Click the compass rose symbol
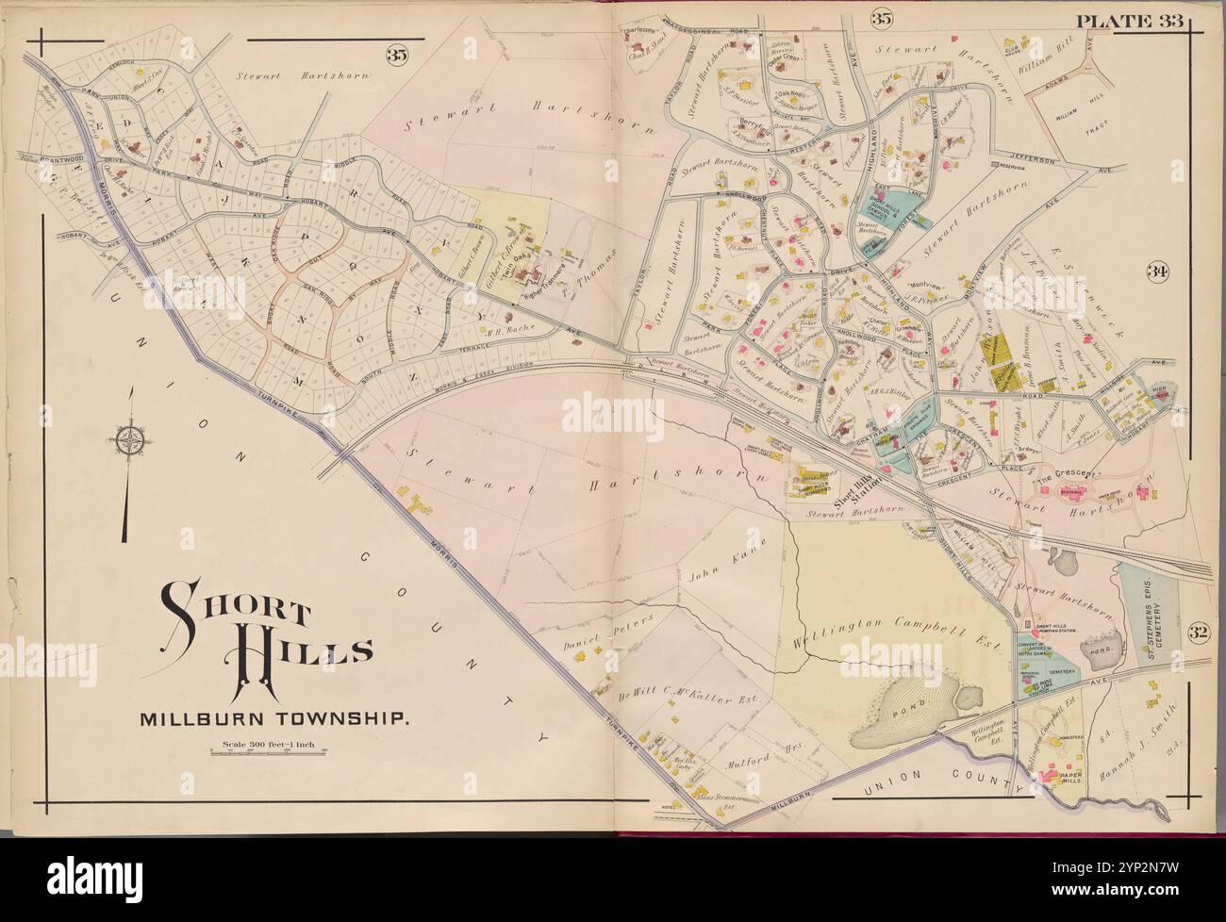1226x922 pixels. pyautogui.click(x=129, y=439)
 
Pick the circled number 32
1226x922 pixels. pyautogui.click(x=1197, y=631)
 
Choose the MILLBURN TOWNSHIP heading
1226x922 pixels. pyautogui.click(x=274, y=721)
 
